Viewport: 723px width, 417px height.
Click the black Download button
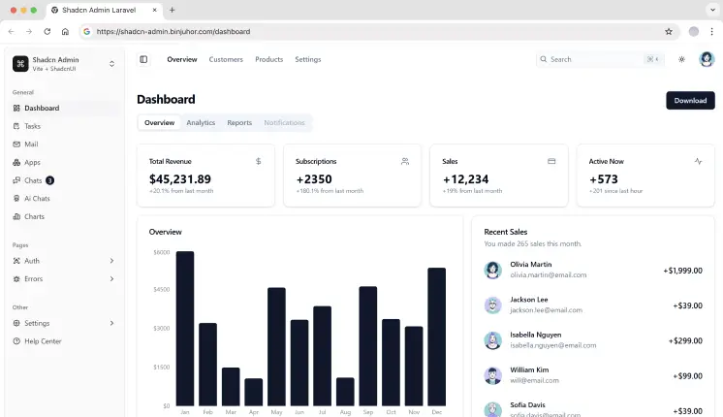click(690, 100)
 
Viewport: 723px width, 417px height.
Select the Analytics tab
click(201, 123)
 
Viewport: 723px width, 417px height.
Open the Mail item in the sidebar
click(31, 144)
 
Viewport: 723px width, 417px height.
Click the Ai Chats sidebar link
click(37, 198)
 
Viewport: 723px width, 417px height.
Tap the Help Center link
click(43, 340)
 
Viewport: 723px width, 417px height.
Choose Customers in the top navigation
click(226, 59)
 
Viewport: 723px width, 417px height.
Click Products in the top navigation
click(268, 59)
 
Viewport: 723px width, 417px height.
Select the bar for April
click(253, 392)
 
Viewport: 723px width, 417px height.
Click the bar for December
click(436, 337)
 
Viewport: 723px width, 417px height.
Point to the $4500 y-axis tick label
click(161, 289)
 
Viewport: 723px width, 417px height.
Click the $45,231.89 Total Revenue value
click(180, 178)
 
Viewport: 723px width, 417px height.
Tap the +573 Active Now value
click(603, 178)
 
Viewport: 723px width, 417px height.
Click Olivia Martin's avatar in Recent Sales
click(493, 270)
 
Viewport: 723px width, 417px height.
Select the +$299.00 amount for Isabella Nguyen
click(685, 340)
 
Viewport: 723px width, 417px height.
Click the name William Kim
click(530, 369)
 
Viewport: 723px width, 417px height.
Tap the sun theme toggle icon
click(681, 59)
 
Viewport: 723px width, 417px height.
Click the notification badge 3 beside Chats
click(49, 180)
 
